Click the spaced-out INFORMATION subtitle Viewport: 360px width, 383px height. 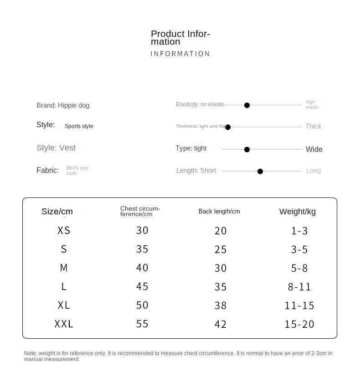(180, 54)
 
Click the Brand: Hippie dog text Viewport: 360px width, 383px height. (63, 105)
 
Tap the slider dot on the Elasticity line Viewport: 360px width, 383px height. (247, 105)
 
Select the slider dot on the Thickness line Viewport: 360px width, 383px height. (228, 127)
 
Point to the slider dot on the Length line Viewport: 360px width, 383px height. (260, 171)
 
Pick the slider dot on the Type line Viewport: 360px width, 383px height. (247, 150)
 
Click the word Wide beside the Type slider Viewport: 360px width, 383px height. (314, 150)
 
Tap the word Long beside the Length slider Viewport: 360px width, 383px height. (314, 171)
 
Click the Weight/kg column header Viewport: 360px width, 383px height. (298, 212)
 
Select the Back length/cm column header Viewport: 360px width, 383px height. (219, 212)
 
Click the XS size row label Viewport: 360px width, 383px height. (64, 231)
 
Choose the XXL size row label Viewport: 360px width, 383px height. (64, 324)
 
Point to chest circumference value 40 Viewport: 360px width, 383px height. (142, 268)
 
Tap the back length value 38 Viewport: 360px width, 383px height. (221, 305)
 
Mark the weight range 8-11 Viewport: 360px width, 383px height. (299, 287)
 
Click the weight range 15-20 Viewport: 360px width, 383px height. (299, 324)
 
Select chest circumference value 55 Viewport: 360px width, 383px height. (142, 324)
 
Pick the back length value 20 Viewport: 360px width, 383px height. (221, 231)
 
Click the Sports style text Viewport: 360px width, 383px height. (79, 126)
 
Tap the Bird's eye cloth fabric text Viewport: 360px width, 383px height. (77, 171)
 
